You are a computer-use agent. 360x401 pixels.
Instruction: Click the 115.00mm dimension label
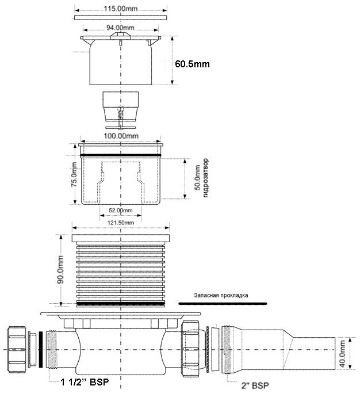tap(121, 9)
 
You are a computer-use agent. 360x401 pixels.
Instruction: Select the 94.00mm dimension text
tap(120, 28)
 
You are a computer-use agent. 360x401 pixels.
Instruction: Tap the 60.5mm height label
tap(192, 64)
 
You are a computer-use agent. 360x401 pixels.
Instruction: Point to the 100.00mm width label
tap(121, 136)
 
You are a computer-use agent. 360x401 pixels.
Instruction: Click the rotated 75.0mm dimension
tap(74, 174)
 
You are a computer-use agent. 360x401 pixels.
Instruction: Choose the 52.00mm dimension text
tap(121, 211)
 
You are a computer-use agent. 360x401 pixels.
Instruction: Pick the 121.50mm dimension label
tap(121, 223)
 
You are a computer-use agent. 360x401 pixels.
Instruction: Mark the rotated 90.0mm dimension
tap(60, 270)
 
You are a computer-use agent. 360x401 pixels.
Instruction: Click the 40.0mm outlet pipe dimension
tap(342, 353)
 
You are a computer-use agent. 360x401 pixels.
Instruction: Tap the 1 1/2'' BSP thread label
tap(85, 382)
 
